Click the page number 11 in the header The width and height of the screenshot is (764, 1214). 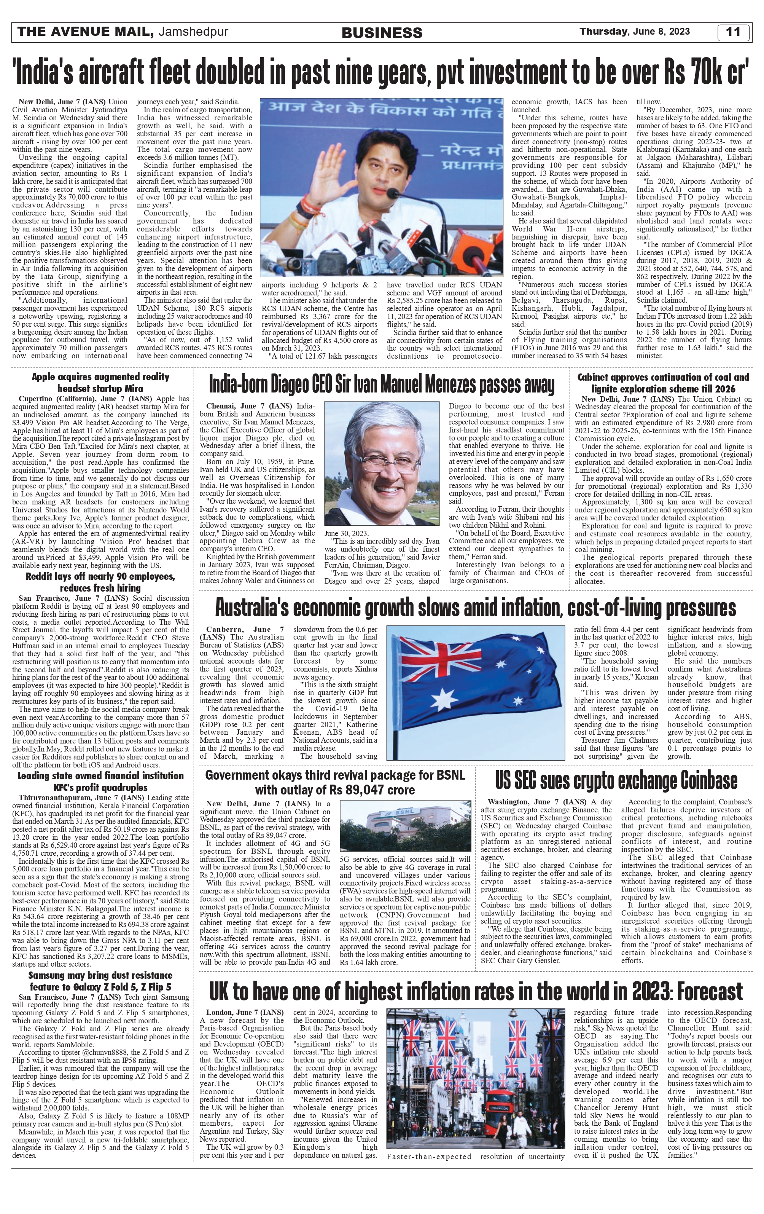tap(733, 32)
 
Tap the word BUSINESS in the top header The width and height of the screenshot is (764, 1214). tap(382, 33)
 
